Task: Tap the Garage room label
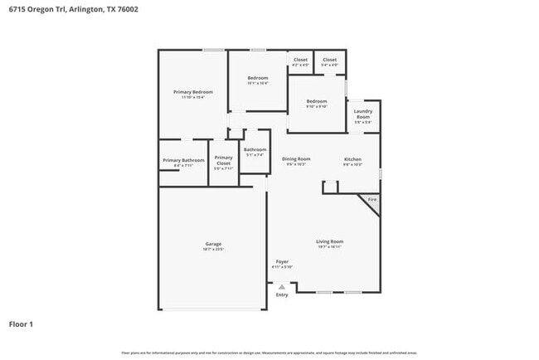click(213, 244)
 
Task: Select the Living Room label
click(329, 241)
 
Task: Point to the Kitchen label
click(352, 158)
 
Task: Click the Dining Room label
click(296, 158)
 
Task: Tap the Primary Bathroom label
click(183, 159)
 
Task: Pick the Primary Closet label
click(223, 160)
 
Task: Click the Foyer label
click(282, 261)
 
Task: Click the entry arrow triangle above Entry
click(282, 287)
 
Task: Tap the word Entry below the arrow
click(282, 294)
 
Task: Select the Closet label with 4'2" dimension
click(300, 60)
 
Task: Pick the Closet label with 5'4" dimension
click(329, 60)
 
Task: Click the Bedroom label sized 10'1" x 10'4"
click(257, 78)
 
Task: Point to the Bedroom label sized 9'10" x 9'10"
click(317, 101)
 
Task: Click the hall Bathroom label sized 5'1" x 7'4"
click(255, 149)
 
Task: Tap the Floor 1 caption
click(22, 324)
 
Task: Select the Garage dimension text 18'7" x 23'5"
click(213, 249)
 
